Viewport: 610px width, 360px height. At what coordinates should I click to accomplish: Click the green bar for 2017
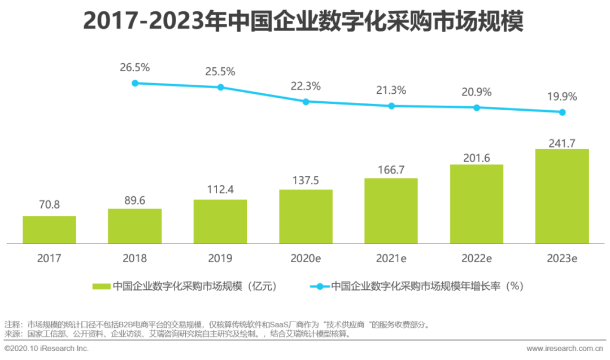click(x=49, y=229)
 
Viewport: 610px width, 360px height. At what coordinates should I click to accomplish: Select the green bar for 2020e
click(x=306, y=216)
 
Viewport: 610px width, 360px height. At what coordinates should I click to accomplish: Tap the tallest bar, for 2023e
click(x=562, y=196)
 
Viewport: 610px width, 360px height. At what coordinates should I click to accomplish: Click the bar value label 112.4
click(x=220, y=188)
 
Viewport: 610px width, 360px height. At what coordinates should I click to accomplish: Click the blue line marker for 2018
click(x=135, y=83)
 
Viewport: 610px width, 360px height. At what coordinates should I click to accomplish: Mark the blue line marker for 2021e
click(x=391, y=106)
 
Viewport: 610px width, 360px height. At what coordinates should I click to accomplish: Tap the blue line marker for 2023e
click(x=562, y=112)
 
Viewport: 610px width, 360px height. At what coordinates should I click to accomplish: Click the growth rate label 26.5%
click(x=134, y=68)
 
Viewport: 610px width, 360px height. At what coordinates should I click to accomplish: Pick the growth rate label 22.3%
click(x=306, y=86)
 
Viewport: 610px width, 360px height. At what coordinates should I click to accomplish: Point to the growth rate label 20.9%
click(x=476, y=92)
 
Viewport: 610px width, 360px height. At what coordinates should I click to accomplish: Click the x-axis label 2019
click(x=220, y=259)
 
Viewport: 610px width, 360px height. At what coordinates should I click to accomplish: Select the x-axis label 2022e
click(x=476, y=259)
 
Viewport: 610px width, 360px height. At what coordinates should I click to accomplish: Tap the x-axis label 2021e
click(x=391, y=259)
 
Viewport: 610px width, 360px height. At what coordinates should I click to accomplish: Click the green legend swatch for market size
click(x=102, y=287)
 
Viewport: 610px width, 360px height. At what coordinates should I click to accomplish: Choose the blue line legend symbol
click(x=320, y=287)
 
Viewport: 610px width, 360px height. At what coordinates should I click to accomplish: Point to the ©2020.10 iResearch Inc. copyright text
click(x=46, y=349)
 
